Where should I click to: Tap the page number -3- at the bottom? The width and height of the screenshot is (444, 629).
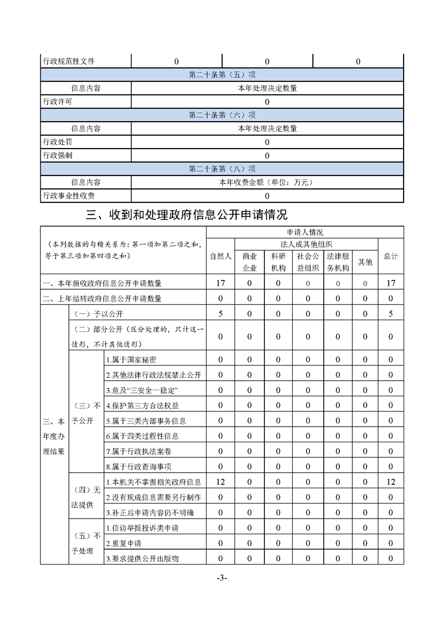tap(222, 578)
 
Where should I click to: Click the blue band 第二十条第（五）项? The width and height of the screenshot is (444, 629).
tap(222, 75)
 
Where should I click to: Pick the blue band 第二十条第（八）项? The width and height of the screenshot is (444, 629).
tap(222, 169)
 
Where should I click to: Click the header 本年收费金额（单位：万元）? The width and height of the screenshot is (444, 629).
tap(267, 182)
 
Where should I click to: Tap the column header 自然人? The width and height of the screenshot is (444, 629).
tap(221, 256)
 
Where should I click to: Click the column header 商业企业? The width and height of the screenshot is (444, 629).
tap(249, 262)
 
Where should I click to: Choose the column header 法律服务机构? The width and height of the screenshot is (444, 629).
tap(338, 262)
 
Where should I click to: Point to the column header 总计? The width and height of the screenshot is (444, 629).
tap(390, 256)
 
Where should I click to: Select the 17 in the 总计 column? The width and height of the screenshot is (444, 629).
tap(390, 283)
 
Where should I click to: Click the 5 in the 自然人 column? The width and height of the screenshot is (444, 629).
tap(221, 314)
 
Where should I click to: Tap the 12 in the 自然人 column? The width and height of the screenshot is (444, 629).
tap(221, 482)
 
